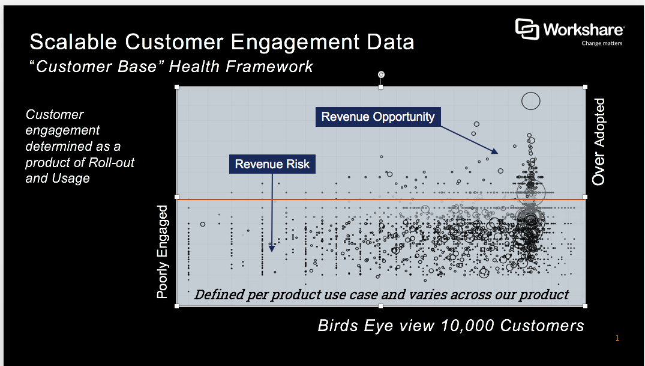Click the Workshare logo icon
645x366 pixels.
click(x=527, y=29)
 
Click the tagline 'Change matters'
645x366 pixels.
click(x=602, y=43)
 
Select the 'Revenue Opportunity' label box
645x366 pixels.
click(x=378, y=117)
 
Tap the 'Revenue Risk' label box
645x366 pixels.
click(x=272, y=164)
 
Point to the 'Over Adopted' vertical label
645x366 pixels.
click(x=599, y=142)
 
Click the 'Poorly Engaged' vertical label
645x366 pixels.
click(x=163, y=252)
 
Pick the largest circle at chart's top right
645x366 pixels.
click(x=531, y=101)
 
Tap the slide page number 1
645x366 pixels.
click(x=617, y=339)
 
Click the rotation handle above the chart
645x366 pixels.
click(x=381, y=75)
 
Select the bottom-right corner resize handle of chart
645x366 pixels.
click(x=585, y=306)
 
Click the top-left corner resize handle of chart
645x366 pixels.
click(x=177, y=87)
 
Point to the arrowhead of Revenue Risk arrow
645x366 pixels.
click(x=272, y=248)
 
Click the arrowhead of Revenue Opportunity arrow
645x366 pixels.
click(x=494, y=151)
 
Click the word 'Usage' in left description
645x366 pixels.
click(x=72, y=178)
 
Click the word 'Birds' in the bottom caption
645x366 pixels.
click(x=338, y=326)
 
